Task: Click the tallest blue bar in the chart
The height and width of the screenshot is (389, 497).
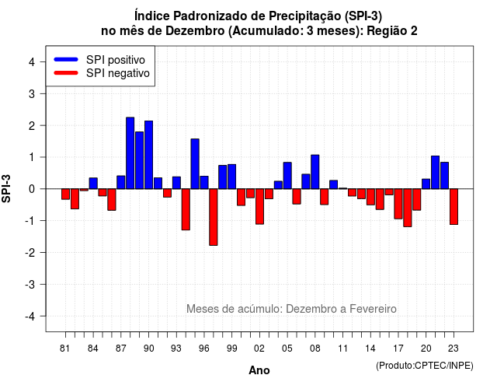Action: coord(130,153)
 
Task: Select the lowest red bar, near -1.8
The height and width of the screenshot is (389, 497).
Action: coord(214,217)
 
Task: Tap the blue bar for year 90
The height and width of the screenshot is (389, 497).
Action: coord(148,155)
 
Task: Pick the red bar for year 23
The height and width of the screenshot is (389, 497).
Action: coord(454,207)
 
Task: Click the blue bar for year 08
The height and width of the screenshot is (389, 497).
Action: coord(315,172)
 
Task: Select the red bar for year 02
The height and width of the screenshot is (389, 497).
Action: coord(259,206)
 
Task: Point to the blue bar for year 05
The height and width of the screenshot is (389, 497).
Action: coord(287,176)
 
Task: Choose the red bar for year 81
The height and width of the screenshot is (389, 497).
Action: coord(65,194)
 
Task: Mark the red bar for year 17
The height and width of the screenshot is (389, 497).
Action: coord(398,204)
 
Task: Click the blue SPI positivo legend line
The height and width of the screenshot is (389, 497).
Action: coord(66,59)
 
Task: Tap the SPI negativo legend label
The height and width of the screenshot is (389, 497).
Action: coord(118,73)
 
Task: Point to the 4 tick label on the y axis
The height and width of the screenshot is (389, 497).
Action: coord(32,62)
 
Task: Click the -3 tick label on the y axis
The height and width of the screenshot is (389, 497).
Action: coord(30,285)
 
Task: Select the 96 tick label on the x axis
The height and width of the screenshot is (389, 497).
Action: coord(204,349)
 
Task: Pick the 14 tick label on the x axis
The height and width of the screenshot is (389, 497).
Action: coord(370,349)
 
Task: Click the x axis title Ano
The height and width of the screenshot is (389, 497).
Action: coord(259,370)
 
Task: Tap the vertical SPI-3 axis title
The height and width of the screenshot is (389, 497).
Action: coord(6,188)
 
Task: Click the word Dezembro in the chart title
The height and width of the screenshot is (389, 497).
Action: coord(195,31)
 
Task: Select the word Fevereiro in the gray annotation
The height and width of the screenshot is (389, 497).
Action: coord(373,309)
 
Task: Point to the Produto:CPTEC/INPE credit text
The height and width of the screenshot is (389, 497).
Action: coord(425,366)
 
